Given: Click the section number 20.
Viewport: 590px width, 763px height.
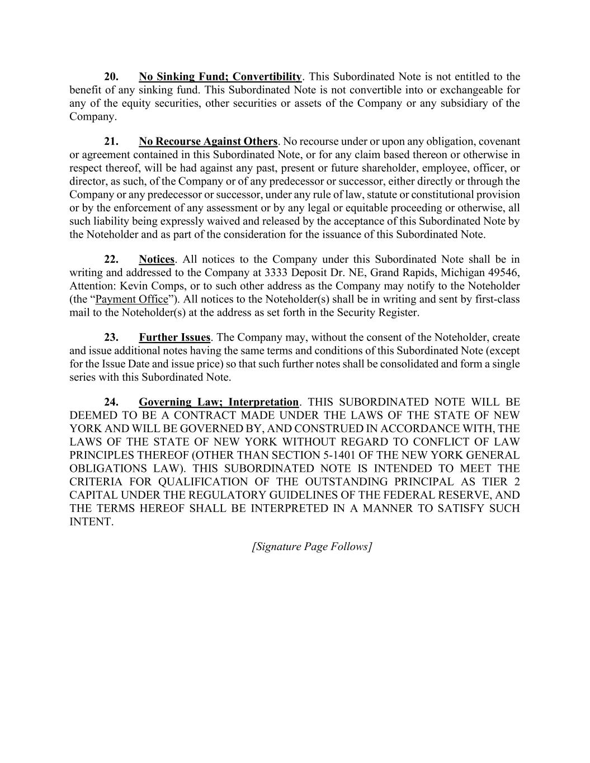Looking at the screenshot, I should pyautogui.click(x=111, y=77).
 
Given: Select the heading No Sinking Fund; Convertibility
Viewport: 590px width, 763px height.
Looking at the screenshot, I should pyautogui.click(x=220, y=77).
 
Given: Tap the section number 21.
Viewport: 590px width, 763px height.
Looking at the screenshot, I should pyautogui.click(x=111, y=141).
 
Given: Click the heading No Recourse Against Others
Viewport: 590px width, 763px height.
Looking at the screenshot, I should pyautogui.click(x=208, y=141).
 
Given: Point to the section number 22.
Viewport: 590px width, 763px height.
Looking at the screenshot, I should pyautogui.click(x=111, y=259).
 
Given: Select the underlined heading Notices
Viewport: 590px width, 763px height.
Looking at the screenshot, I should pyautogui.click(x=157, y=259).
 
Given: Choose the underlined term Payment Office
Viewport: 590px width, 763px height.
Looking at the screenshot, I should pyautogui.click(x=132, y=300).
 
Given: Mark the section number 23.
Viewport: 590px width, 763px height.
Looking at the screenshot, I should pyautogui.click(x=111, y=338).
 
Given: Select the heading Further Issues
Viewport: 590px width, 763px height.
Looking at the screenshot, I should pyautogui.click(x=174, y=338).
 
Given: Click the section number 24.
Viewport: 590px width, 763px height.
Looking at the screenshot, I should pyautogui.click(x=111, y=402).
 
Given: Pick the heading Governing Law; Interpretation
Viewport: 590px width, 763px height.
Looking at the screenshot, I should pyautogui.click(x=219, y=402).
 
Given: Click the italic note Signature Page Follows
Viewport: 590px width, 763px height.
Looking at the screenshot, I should pyautogui.click(x=312, y=547).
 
